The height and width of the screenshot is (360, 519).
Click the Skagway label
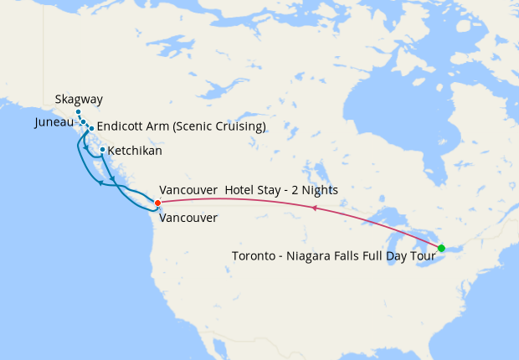[79, 99]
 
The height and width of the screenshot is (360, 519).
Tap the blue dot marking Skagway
[78, 112]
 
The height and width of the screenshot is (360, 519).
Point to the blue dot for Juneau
[84, 122]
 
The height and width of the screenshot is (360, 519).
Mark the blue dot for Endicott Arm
[90, 129]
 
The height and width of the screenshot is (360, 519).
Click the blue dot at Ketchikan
[102, 151]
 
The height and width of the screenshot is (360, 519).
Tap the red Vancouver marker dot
[157, 202]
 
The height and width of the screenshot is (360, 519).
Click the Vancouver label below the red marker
[188, 218]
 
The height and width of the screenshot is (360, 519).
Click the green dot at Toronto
[441, 248]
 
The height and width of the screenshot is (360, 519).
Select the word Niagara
[313, 256]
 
